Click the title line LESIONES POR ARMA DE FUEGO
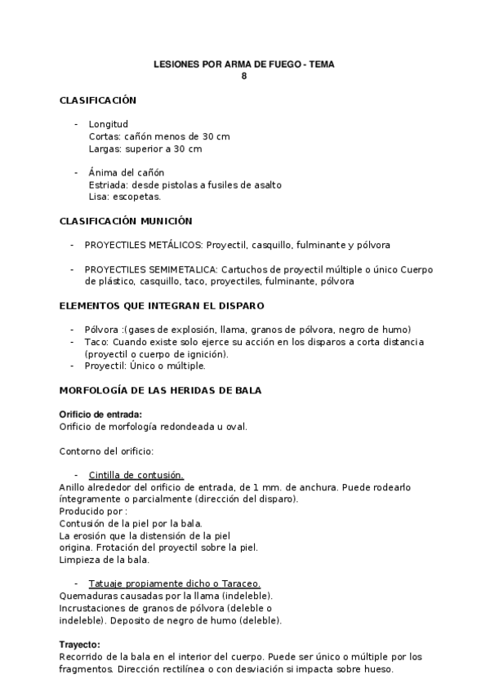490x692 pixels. [x=244, y=64]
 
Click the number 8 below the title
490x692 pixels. [x=243, y=76]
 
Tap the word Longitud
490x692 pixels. [x=109, y=124]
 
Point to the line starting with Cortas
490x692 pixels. [x=159, y=136]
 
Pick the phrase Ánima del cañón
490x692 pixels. [x=127, y=172]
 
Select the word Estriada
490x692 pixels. [x=108, y=184]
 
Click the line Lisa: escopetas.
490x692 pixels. [x=125, y=197]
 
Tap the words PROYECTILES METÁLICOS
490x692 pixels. [x=144, y=245]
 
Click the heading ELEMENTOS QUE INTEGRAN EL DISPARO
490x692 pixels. [x=162, y=305]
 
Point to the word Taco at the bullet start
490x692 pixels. [x=95, y=341]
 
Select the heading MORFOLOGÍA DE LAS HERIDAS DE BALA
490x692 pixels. [x=161, y=390]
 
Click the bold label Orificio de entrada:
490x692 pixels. [x=101, y=414]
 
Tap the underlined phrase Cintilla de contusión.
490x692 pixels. [x=136, y=474]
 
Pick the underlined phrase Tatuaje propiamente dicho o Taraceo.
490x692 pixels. [x=175, y=583]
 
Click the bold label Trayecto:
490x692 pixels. [x=80, y=644]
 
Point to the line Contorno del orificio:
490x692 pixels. [x=107, y=450]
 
